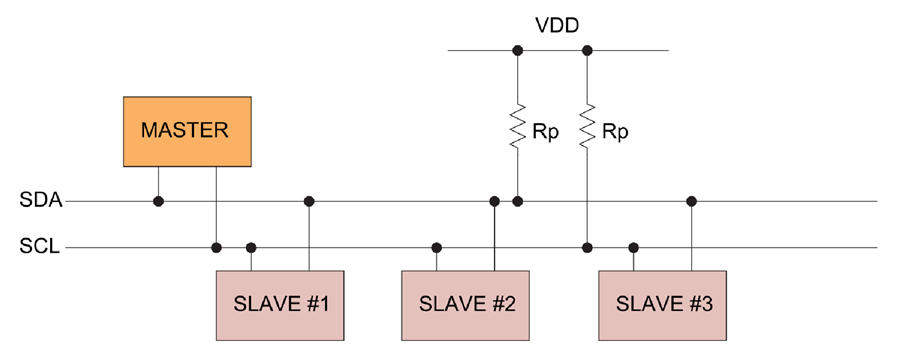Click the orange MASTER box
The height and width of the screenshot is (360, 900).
point(187,131)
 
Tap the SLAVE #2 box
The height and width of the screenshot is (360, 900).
point(465,304)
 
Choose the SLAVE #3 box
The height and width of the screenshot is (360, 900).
point(664,304)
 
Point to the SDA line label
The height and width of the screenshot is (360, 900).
point(41,202)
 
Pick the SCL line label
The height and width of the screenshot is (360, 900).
point(41,247)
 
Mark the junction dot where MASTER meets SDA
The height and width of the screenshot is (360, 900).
point(158,202)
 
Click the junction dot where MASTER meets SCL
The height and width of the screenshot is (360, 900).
point(216,247)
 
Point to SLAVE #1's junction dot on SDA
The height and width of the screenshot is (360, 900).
point(309,202)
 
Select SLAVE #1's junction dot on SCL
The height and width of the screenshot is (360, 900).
point(251,247)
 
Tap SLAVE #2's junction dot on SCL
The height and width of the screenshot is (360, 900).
point(436,247)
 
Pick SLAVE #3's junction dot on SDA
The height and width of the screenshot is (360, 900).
point(691,202)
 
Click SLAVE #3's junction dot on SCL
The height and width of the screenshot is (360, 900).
point(633,247)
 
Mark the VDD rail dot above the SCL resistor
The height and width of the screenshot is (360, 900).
point(587,50)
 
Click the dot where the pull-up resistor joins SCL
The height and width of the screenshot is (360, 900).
point(587,247)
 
